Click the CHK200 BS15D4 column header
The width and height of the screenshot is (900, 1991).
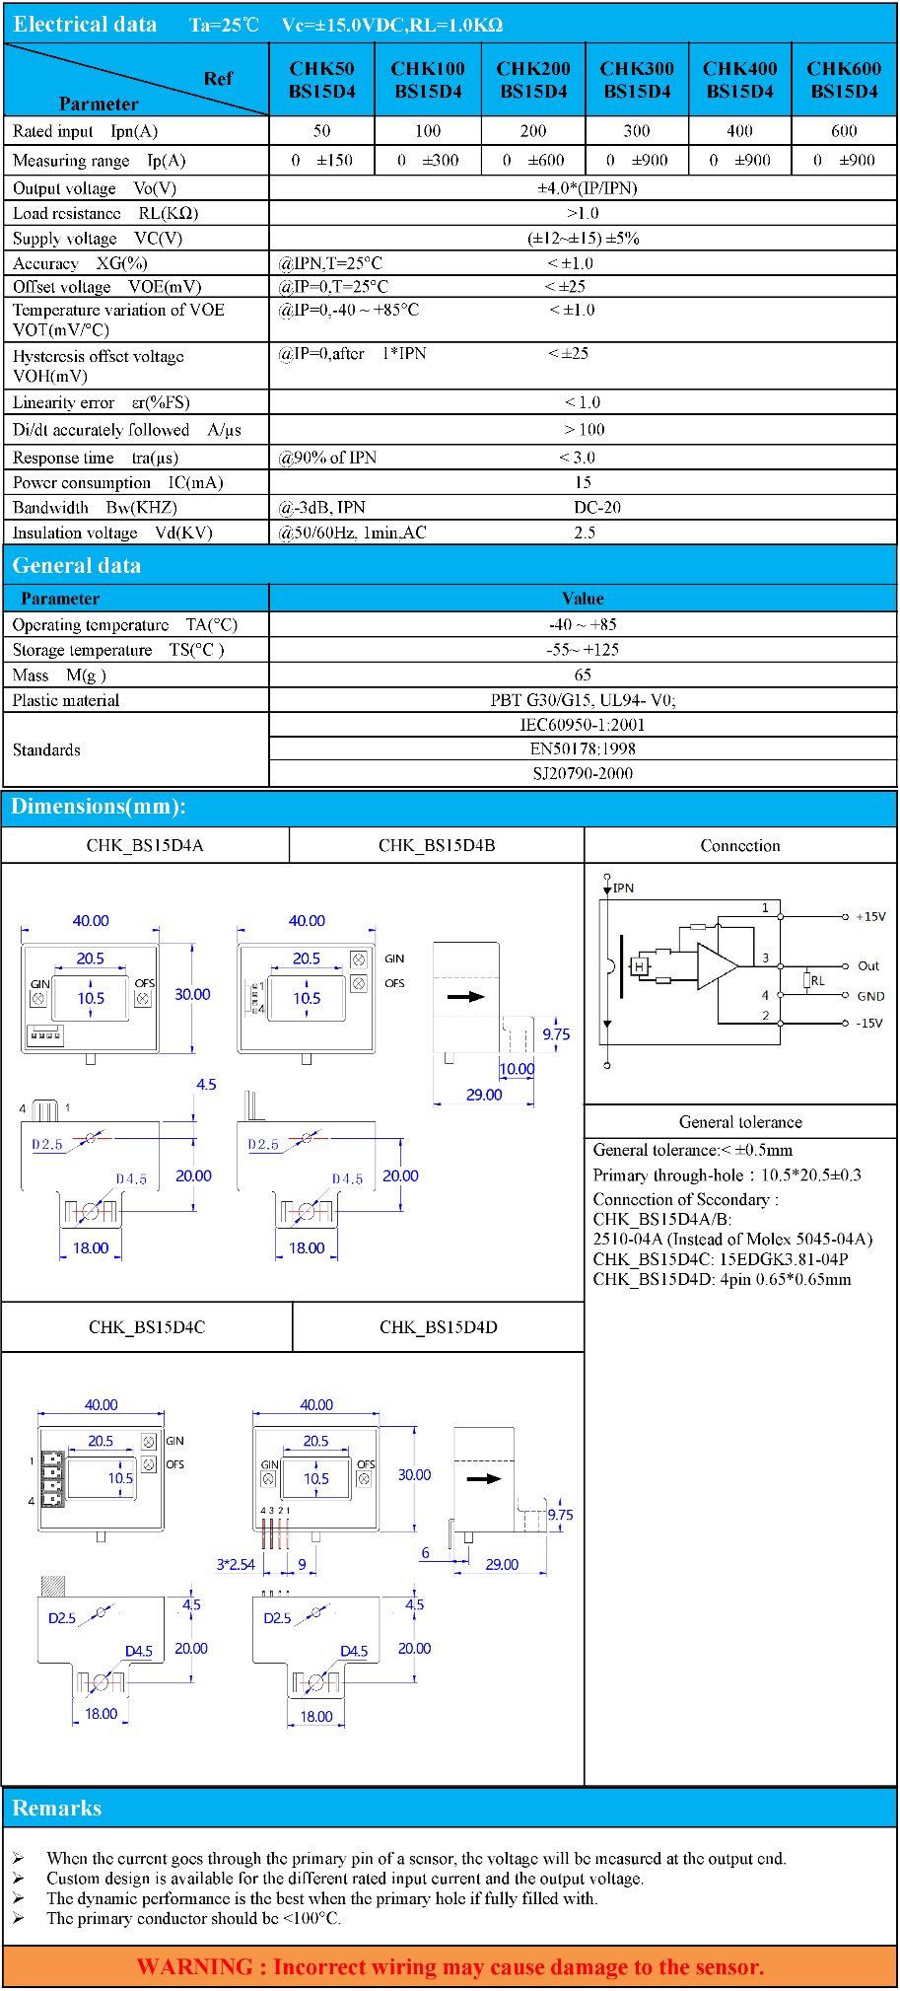[533, 80]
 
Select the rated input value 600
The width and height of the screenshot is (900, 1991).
[844, 131]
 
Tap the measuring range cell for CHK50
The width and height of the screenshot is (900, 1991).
[322, 160]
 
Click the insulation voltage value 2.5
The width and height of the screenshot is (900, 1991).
[585, 533]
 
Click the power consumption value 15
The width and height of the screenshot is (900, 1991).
[583, 482]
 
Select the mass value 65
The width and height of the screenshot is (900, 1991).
[583, 676]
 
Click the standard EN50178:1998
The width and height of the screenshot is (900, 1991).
[583, 749]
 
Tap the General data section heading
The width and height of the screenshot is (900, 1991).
[77, 565]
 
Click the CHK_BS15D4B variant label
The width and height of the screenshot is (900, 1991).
[437, 845]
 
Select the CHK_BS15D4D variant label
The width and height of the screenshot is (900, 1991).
[439, 1327]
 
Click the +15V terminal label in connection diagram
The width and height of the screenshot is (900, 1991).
[870, 916]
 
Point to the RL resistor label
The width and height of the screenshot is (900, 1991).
[817, 980]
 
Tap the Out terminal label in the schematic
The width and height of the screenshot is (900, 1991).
[868, 966]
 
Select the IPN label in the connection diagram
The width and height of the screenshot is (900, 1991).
[623, 888]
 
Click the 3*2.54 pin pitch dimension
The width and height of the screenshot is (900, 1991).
[236, 1564]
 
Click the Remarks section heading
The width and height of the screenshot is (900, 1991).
[57, 1808]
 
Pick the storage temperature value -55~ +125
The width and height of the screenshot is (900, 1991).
[583, 650]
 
